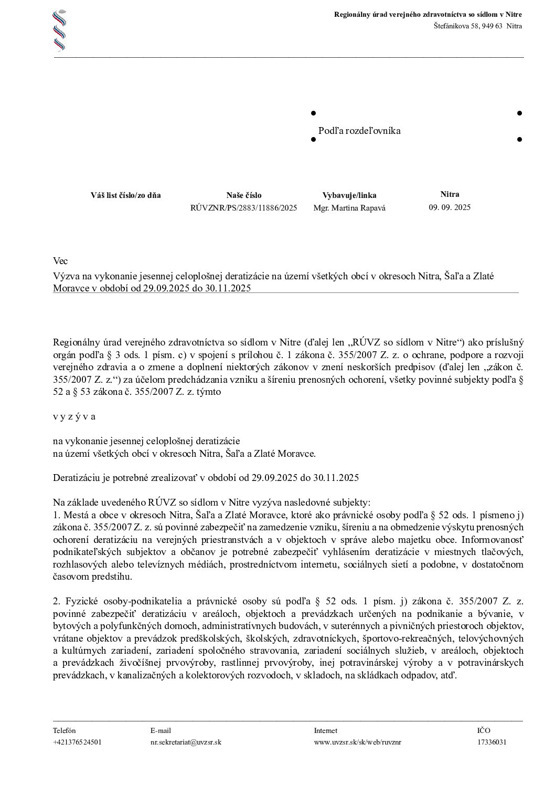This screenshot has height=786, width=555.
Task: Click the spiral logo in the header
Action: point(60,30)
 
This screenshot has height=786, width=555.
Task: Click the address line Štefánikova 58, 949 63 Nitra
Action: point(477,26)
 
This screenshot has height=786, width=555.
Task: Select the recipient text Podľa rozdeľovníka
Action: point(359,131)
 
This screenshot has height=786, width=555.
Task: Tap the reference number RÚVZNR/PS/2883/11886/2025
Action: point(244,208)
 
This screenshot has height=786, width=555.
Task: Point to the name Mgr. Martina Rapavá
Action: point(349,208)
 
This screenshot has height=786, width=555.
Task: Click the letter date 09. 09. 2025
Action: point(450,207)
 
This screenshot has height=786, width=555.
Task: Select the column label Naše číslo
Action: point(244,195)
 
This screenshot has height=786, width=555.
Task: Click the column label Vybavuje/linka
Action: point(349,195)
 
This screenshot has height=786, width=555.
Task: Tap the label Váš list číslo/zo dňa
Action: point(126,195)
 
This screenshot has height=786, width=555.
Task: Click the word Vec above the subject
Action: point(60,261)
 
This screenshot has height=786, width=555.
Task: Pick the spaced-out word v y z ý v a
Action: point(74,417)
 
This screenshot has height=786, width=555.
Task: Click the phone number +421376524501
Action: point(77,742)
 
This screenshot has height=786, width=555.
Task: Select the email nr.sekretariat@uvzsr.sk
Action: point(186,742)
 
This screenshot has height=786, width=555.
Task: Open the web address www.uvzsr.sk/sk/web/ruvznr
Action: point(358,742)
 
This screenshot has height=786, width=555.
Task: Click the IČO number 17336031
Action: point(492,742)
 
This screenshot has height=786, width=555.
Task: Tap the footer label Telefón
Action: point(64,730)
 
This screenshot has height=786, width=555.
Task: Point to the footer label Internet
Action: point(325,730)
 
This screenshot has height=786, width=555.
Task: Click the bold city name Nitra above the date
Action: point(450,194)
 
